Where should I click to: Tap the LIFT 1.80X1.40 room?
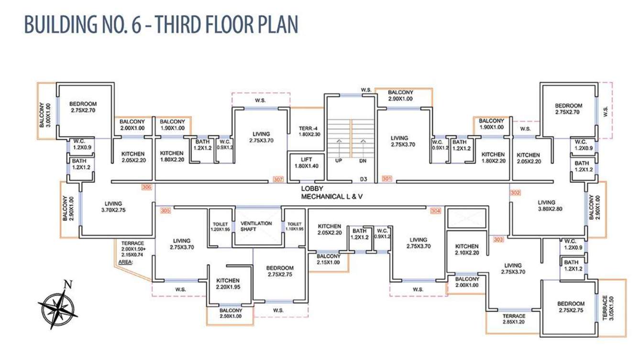pos(307,168)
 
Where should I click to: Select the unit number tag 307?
pos(278,179)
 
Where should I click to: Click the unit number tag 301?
pos(387,179)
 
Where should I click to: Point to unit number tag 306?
pos(147,187)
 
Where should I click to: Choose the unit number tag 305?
pos(165,211)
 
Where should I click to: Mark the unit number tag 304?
pos(436,211)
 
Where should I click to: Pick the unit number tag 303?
pos(498,240)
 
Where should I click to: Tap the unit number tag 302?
pos(516,193)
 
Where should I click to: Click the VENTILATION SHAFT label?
pos(256,226)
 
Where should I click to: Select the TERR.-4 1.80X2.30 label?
pos(309,131)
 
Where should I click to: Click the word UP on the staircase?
pos(339,161)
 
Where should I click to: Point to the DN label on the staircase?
pos(363,161)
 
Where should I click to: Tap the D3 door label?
pos(364,179)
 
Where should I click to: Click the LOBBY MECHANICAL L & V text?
pos(332,193)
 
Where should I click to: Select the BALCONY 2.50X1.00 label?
pos(231,313)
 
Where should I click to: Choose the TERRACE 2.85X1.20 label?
pos(514,319)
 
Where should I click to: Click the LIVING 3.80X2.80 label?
pos(550,206)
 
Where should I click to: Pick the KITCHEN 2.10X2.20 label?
pos(467,250)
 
